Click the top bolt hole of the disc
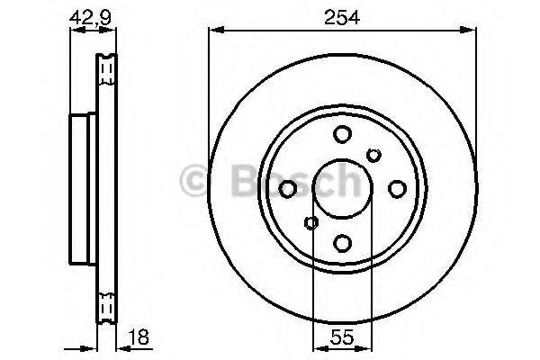pyautogui.click(x=342, y=135)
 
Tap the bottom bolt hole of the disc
pyautogui.click(x=342, y=242)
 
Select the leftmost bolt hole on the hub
pyautogui.click(x=288, y=188)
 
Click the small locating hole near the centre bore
pyautogui.click(x=311, y=223)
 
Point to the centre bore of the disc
pyautogui.click(x=342, y=188)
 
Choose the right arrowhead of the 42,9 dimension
pyautogui.click(x=114, y=31)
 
